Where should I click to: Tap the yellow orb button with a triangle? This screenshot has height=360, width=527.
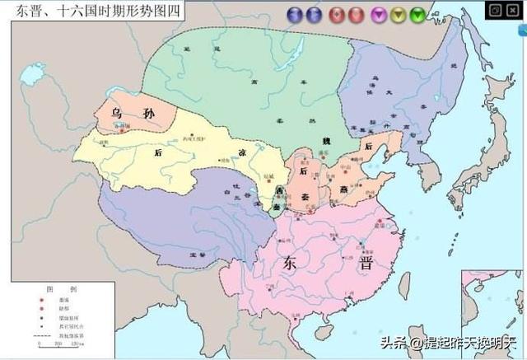(398, 14)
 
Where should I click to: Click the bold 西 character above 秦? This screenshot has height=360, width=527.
(280, 191)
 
